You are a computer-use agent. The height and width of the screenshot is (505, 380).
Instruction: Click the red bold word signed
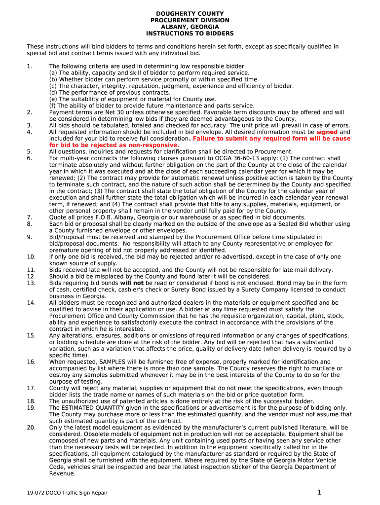tap(327, 132)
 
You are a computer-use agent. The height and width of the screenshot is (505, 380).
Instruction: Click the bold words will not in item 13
tap(132, 283)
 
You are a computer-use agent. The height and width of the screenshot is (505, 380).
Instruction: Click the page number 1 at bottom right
tap(319, 492)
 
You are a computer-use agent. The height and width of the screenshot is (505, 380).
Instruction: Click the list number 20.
tap(31, 428)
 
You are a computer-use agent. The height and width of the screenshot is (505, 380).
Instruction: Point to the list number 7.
tap(29, 217)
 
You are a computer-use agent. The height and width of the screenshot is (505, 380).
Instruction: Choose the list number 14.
tap(31, 303)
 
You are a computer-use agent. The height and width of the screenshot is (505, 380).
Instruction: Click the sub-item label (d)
tap(53, 93)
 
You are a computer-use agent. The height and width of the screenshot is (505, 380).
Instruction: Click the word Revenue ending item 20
tap(62, 473)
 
